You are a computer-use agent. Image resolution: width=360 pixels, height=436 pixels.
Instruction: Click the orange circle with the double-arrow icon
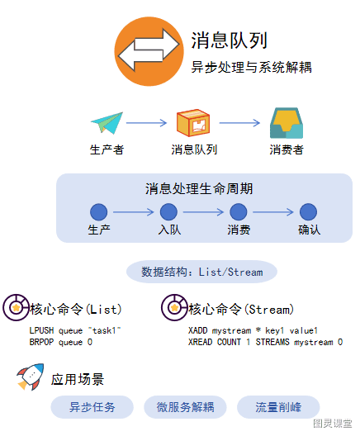click(149, 51)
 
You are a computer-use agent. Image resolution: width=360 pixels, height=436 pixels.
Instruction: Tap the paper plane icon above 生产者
click(107, 123)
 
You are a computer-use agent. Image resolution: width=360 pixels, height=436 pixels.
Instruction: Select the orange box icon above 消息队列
click(193, 122)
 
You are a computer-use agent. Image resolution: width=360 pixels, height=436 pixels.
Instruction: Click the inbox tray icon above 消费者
click(287, 123)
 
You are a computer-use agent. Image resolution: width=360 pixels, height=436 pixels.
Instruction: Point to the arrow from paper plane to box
click(146, 123)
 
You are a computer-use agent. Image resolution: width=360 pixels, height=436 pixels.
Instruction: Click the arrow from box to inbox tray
click(239, 123)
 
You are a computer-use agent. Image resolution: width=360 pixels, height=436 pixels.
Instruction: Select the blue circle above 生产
click(99, 212)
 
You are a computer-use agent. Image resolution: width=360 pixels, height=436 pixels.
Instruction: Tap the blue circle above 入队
click(168, 212)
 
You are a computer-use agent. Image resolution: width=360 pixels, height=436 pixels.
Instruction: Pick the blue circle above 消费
click(239, 212)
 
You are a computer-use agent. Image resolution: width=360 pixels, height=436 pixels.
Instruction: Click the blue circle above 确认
click(308, 212)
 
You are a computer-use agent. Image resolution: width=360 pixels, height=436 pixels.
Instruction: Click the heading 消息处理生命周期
click(199, 189)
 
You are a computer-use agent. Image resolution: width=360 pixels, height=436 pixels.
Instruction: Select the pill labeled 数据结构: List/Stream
click(201, 272)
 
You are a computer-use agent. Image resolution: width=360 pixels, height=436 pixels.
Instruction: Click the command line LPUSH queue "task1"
click(75, 330)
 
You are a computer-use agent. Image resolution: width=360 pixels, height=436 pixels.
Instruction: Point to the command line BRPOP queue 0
click(60, 342)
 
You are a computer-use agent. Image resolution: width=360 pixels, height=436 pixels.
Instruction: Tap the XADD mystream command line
click(253, 330)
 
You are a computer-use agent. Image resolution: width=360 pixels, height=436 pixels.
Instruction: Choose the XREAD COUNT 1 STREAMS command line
click(265, 342)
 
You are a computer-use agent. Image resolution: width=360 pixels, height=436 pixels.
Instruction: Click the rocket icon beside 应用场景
click(31, 377)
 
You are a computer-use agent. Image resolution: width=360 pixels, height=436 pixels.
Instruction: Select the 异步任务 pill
click(92, 407)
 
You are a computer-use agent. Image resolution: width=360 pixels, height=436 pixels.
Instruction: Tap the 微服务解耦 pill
click(185, 407)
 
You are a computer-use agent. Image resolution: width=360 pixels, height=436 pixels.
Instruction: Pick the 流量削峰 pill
click(278, 407)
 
